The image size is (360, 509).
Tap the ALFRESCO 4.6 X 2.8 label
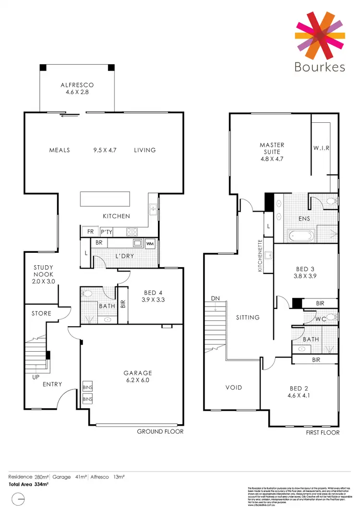[x=77, y=88]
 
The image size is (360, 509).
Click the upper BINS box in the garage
[x=87, y=388]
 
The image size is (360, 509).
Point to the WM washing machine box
[x=150, y=243]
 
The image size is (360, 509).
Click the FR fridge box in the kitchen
[x=90, y=232]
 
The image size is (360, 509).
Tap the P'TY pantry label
[x=106, y=232]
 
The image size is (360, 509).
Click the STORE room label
[x=41, y=313]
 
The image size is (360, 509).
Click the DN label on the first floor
[x=215, y=299]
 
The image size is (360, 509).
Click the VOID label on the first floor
[x=234, y=387]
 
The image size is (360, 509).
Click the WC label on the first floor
[x=321, y=319]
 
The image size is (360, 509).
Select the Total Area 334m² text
[x=29, y=485]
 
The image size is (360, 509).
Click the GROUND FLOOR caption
[x=160, y=431]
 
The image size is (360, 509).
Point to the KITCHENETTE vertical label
[x=260, y=256]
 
